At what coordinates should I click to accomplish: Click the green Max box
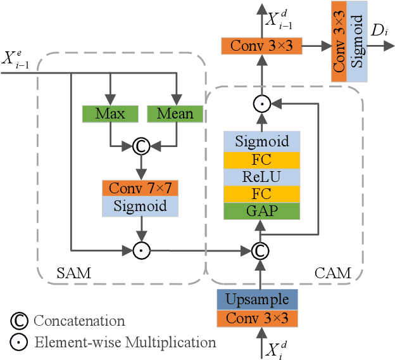[110, 114]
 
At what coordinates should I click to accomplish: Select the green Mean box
[175, 114]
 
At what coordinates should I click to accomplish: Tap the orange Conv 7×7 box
[140, 188]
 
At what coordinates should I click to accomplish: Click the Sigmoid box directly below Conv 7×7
[140, 206]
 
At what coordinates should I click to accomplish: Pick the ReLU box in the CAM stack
[261, 176]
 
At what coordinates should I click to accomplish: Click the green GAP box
[261, 211]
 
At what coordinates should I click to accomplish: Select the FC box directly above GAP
[261, 193]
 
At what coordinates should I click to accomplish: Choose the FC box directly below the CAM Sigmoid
[261, 158]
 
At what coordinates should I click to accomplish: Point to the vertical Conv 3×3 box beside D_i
[339, 50]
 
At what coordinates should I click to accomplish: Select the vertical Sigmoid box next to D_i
[358, 50]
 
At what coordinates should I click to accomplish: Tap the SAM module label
[74, 274]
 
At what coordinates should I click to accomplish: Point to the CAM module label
[332, 274]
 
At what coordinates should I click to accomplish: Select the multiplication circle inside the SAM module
[140, 250]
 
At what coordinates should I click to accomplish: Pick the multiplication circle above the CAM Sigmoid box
[258, 103]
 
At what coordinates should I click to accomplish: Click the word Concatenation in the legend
[79, 321]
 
